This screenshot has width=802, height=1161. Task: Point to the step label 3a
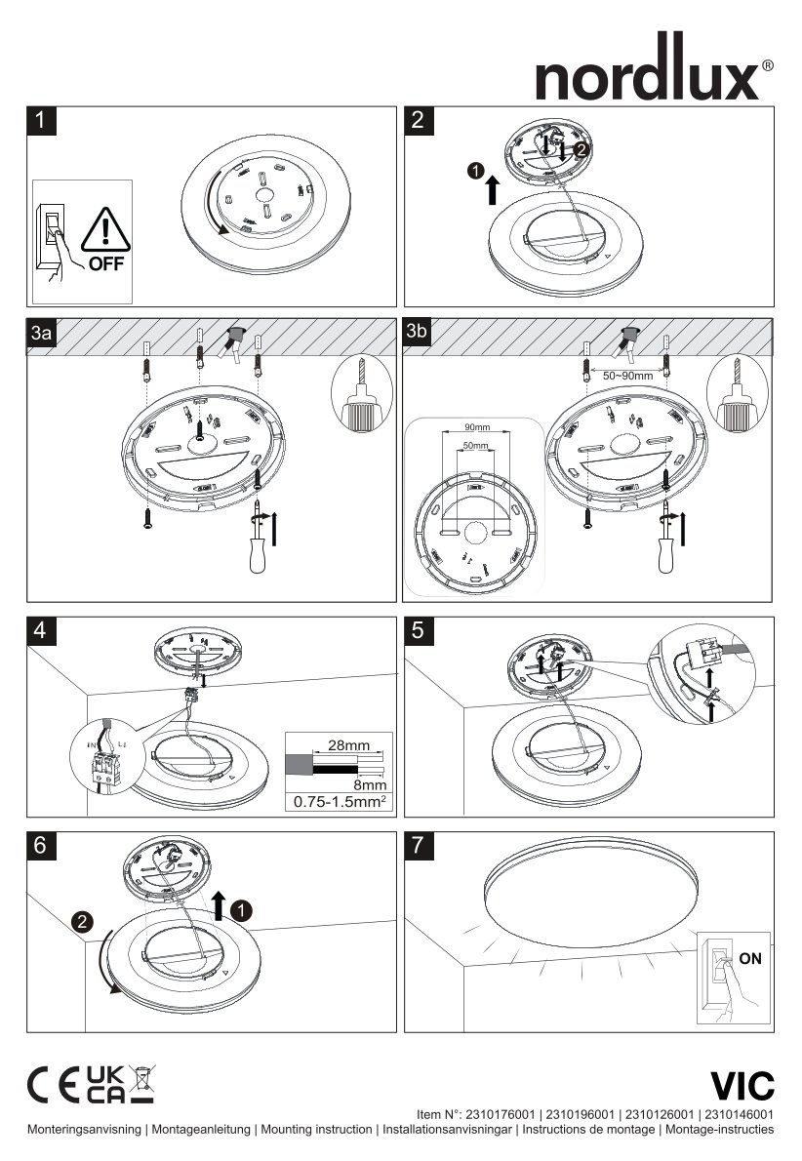(41, 334)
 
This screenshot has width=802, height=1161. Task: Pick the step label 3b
(418, 332)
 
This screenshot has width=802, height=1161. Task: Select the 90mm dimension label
(477, 428)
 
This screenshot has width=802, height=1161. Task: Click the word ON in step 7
(750, 959)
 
